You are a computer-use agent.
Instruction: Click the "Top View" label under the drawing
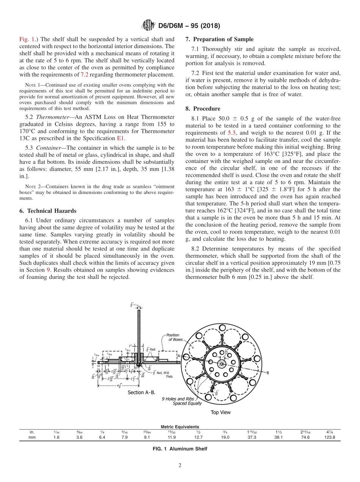221,412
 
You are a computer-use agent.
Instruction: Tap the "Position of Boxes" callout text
173,337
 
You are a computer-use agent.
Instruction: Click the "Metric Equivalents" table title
180,427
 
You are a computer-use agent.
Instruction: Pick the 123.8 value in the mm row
329,437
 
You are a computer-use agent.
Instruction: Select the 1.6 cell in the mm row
56,437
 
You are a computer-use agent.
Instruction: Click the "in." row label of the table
32,432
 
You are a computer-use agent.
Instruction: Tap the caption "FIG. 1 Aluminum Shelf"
180,449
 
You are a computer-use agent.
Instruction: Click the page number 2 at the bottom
180,466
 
